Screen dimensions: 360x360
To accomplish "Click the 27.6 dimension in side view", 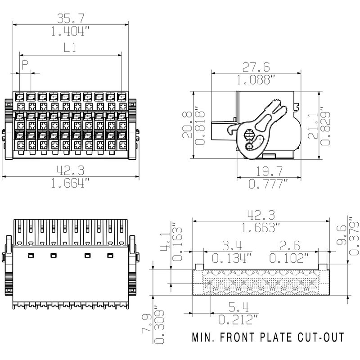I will (x=256, y=67).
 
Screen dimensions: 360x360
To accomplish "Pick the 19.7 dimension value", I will (x=269, y=171).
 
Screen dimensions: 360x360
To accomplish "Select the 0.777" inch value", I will (x=269, y=184).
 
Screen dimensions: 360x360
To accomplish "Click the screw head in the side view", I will (x=248, y=135).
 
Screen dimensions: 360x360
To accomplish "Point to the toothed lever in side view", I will (x=274, y=112).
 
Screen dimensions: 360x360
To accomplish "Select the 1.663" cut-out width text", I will (x=259, y=228).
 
